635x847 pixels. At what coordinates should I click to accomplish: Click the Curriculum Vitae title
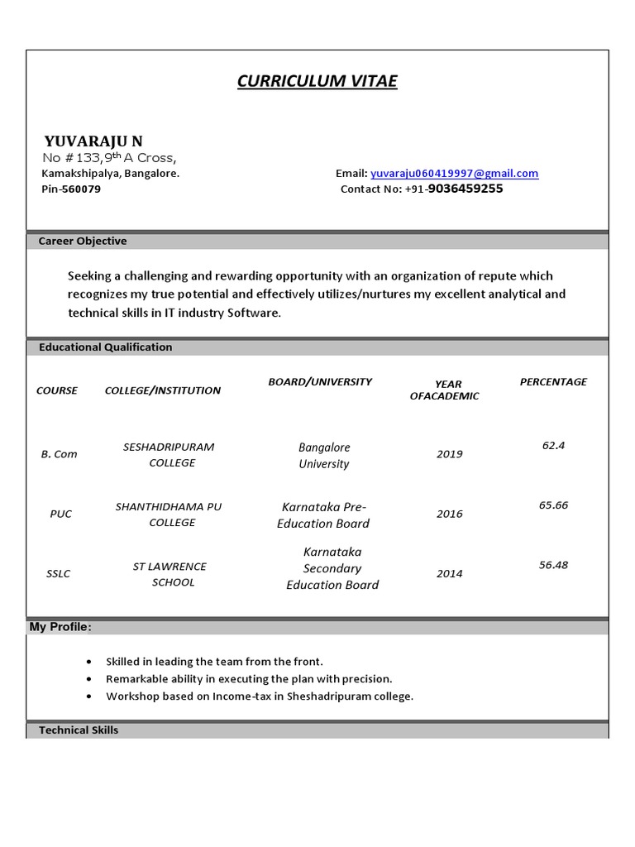(317, 81)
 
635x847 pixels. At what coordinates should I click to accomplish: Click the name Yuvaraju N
(93, 141)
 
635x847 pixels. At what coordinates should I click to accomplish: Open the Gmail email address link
(454, 174)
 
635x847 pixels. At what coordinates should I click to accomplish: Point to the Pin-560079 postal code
(71, 189)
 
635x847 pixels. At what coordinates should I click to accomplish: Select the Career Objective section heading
(83, 242)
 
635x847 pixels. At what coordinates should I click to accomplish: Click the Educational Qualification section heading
(106, 347)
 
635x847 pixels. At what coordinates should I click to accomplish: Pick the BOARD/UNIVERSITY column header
(320, 382)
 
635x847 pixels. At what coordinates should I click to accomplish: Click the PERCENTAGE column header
(553, 382)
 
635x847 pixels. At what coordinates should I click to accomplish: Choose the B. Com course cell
(59, 454)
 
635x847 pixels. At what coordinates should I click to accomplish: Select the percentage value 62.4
(553, 445)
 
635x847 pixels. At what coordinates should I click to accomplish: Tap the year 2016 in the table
(450, 514)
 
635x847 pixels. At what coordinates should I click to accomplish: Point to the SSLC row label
(59, 573)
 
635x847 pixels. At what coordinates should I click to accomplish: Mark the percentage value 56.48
(553, 565)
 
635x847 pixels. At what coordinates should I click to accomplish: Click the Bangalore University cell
(324, 455)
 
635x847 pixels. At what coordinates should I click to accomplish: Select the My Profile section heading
(60, 627)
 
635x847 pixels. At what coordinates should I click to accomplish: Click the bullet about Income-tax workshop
(259, 696)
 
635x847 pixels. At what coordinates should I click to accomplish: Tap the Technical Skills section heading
(79, 730)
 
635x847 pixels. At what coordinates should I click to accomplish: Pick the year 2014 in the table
(450, 573)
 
